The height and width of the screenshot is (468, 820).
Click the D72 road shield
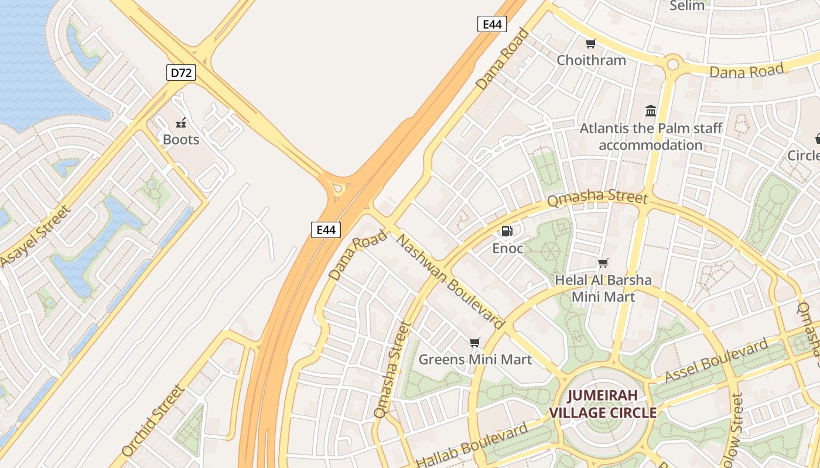[180, 73]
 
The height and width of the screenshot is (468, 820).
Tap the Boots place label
[181, 140]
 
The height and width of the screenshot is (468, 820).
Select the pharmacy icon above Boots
[182, 123]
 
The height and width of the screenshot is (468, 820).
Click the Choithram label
[591, 60]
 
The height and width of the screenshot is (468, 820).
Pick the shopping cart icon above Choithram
[590, 43]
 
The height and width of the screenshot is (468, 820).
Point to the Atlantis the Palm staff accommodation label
[651, 136]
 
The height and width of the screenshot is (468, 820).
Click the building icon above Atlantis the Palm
[651, 111]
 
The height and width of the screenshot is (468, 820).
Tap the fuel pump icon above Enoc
[507, 231]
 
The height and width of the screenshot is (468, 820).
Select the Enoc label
[507, 248]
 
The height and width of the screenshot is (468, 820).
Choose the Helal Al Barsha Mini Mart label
[603, 288]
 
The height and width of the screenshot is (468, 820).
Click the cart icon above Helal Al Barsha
[603, 263]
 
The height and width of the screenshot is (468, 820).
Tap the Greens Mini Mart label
[475, 359]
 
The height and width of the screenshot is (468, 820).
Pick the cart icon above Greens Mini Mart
[474, 342]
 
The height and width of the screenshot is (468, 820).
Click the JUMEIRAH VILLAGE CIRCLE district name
[602, 404]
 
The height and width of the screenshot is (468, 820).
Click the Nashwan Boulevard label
[450, 281]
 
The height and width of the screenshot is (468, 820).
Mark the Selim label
[687, 6]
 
